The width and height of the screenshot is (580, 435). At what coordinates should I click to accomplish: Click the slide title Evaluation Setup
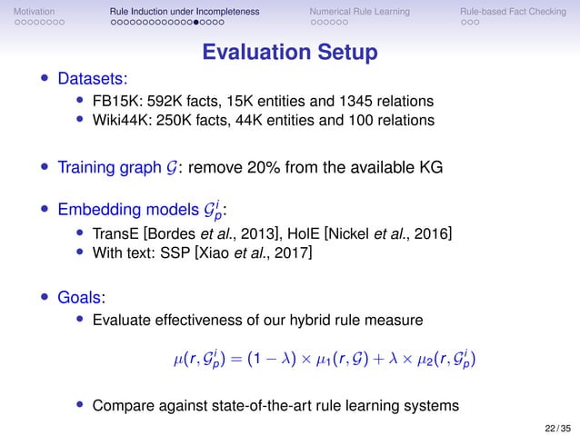(289, 53)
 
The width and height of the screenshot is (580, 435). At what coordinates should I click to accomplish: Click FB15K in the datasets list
(113, 100)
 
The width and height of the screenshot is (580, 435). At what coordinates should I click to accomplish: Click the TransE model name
(113, 235)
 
